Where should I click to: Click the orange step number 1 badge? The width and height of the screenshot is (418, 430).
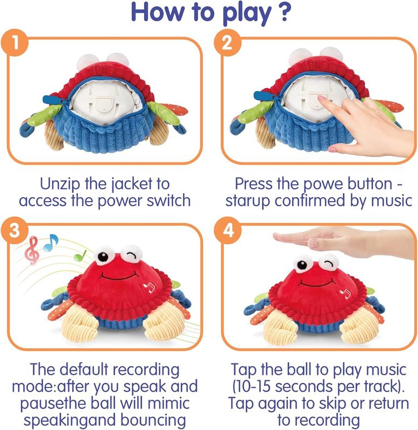click(15, 43)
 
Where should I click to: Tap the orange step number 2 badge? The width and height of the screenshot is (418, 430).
click(228, 43)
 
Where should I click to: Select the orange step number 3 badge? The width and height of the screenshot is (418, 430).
click(15, 230)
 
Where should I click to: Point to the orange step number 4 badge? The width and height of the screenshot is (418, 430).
click(228, 230)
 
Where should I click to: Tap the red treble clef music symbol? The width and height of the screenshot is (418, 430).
click(32, 250)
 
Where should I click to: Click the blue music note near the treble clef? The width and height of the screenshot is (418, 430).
click(51, 242)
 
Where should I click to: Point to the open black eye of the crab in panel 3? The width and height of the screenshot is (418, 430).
click(103, 257)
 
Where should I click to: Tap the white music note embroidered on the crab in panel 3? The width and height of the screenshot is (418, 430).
click(149, 286)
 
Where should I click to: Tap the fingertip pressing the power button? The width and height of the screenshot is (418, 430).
click(320, 98)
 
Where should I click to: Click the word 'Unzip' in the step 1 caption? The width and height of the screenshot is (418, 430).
click(60, 184)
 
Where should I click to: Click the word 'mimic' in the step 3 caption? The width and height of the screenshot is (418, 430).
click(168, 403)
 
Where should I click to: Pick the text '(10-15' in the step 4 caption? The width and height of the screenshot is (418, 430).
click(252, 386)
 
